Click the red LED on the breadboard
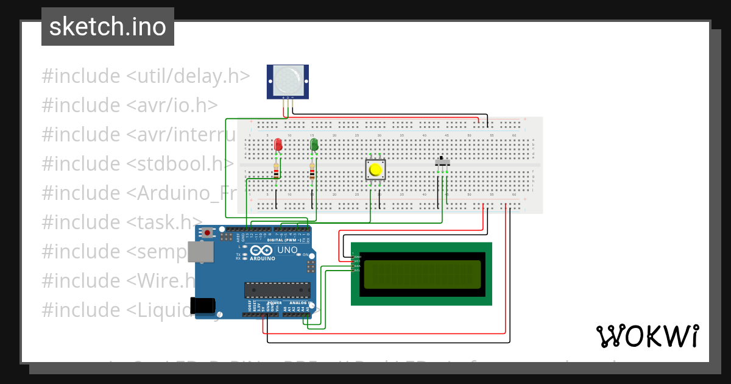[278, 144]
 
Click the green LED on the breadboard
[314, 144]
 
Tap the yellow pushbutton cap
[375, 169]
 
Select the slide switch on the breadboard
[443, 163]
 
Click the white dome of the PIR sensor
[288, 80]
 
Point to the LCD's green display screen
[422, 275]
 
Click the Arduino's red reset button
[208, 232]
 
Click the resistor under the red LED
[277, 172]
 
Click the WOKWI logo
[647, 336]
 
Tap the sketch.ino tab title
[108, 27]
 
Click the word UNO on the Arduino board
[287, 251]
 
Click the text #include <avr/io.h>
[130, 105]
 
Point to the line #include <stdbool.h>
[138, 163]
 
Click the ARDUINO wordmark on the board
[262, 258]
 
